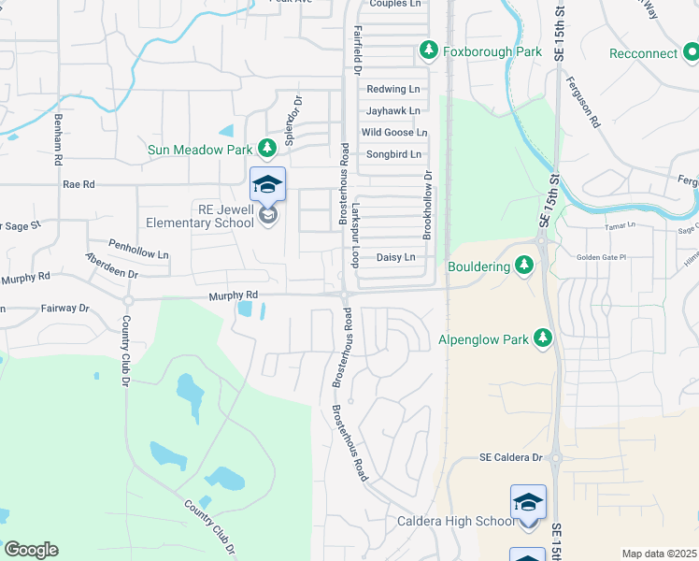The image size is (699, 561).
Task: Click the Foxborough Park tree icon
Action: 430,50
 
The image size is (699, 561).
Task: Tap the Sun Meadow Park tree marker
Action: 267,148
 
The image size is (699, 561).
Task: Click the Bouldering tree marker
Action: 524,266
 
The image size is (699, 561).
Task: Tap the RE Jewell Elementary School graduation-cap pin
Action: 267,184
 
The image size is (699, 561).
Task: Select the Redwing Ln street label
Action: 393,90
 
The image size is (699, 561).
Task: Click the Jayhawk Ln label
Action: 393,110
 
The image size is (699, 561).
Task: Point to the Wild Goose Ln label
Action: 394,133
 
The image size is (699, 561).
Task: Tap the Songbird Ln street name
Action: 393,154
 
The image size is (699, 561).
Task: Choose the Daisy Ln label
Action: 395,257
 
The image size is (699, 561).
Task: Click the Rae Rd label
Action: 78,185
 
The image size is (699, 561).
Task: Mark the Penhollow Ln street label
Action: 138,253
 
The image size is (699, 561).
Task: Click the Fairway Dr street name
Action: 64,308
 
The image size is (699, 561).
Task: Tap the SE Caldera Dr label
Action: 510,457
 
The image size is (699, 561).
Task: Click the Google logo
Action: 31,550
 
